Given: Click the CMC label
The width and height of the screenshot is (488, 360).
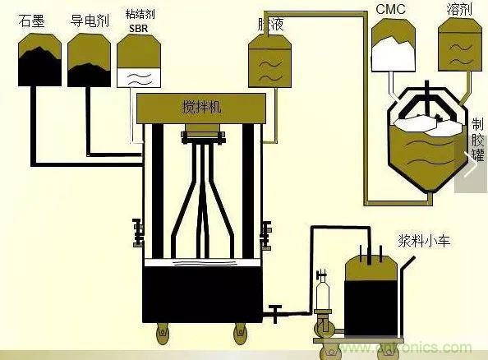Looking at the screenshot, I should point(392,11).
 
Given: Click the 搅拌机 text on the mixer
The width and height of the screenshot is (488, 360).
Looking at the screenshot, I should point(200,106).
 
